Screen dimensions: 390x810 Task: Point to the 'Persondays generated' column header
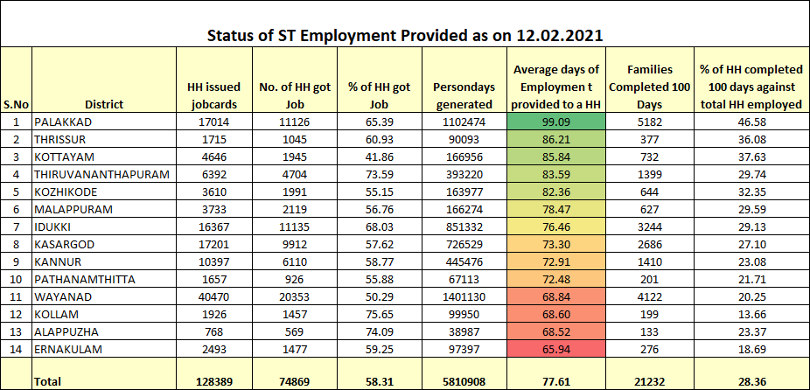[463, 95]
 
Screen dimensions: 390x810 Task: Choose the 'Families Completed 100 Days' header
[649, 87]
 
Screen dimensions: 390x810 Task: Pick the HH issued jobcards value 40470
[213, 297]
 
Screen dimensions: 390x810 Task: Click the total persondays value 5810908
[463, 380]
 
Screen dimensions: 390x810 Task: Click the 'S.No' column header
[17, 104]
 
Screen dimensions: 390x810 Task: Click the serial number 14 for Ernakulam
[17, 350]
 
